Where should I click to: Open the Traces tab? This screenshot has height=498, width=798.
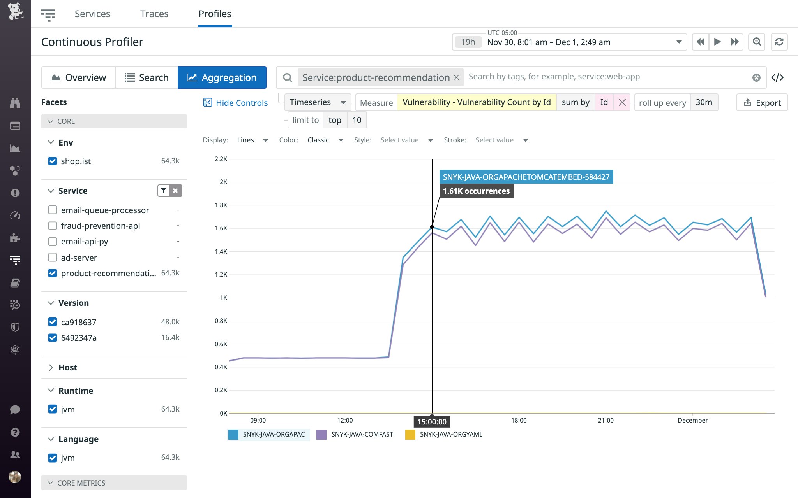tap(154, 14)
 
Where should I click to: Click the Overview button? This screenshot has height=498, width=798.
tap(78, 77)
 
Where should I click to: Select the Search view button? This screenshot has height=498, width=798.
tap(147, 77)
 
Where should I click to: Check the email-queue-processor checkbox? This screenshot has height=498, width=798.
tap(53, 210)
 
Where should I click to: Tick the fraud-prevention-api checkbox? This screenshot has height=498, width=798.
tap(53, 226)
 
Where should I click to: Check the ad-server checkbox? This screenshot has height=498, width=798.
tap(53, 257)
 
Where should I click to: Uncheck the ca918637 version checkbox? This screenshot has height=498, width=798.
tap(53, 322)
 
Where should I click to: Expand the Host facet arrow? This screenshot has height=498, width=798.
tap(51, 368)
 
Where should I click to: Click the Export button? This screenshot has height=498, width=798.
tap(762, 103)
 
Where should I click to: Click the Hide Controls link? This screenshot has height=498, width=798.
tap(235, 103)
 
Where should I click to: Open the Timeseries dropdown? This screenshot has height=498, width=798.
tap(317, 102)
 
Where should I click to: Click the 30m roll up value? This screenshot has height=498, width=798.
tap(704, 102)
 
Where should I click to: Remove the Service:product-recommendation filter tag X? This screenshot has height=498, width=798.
tap(456, 77)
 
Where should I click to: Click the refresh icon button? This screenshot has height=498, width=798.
tap(779, 42)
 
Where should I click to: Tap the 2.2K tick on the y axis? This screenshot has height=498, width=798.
tap(221, 159)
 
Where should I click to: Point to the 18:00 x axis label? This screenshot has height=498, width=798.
tap(519, 420)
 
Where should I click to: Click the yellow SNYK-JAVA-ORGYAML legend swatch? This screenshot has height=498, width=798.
tap(410, 434)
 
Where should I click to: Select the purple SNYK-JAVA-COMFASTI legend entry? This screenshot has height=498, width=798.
tap(363, 434)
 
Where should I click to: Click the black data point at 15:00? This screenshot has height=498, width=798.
tap(432, 227)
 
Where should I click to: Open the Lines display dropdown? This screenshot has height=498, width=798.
tap(252, 140)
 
